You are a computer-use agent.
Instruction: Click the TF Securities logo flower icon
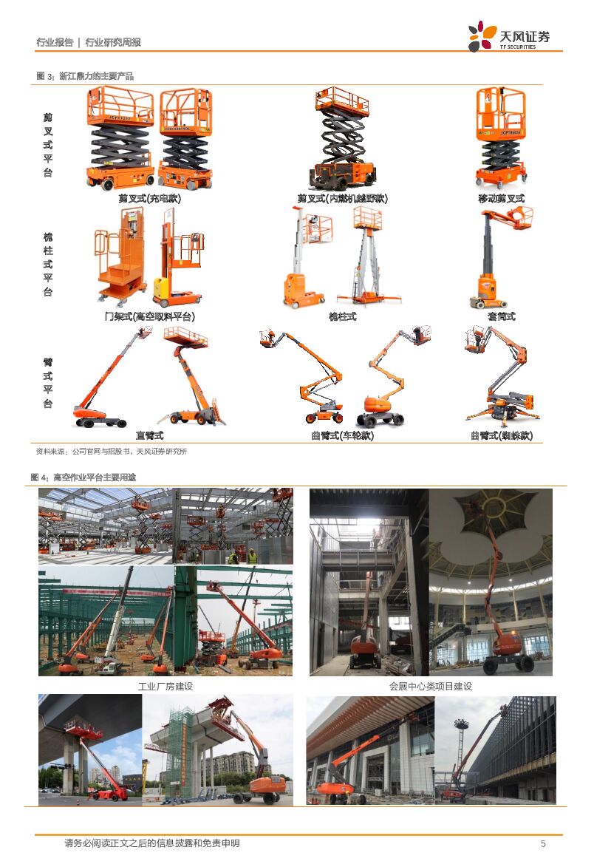[x=482, y=36]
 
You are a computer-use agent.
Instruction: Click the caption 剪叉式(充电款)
[x=149, y=198]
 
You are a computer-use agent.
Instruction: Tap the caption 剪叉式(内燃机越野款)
[x=342, y=198]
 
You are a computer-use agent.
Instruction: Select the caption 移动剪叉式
[x=502, y=198]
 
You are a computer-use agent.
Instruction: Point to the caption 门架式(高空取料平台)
[x=150, y=316]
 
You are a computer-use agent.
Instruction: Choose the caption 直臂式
[x=149, y=435]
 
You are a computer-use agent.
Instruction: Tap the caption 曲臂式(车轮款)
[x=342, y=435]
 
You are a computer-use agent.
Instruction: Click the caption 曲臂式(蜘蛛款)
[x=502, y=435]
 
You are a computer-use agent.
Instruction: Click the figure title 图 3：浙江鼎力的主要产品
[x=86, y=76]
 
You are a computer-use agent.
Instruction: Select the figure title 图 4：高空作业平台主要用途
[x=83, y=477]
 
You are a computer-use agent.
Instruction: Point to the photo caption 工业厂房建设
[x=165, y=686]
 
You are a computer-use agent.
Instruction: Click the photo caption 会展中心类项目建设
[x=431, y=686]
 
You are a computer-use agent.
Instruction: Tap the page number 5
[x=543, y=843]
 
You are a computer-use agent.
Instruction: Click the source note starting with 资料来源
[x=112, y=452]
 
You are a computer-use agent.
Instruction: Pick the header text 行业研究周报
[x=113, y=42]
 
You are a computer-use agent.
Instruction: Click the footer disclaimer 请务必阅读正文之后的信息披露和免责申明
[x=152, y=843]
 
